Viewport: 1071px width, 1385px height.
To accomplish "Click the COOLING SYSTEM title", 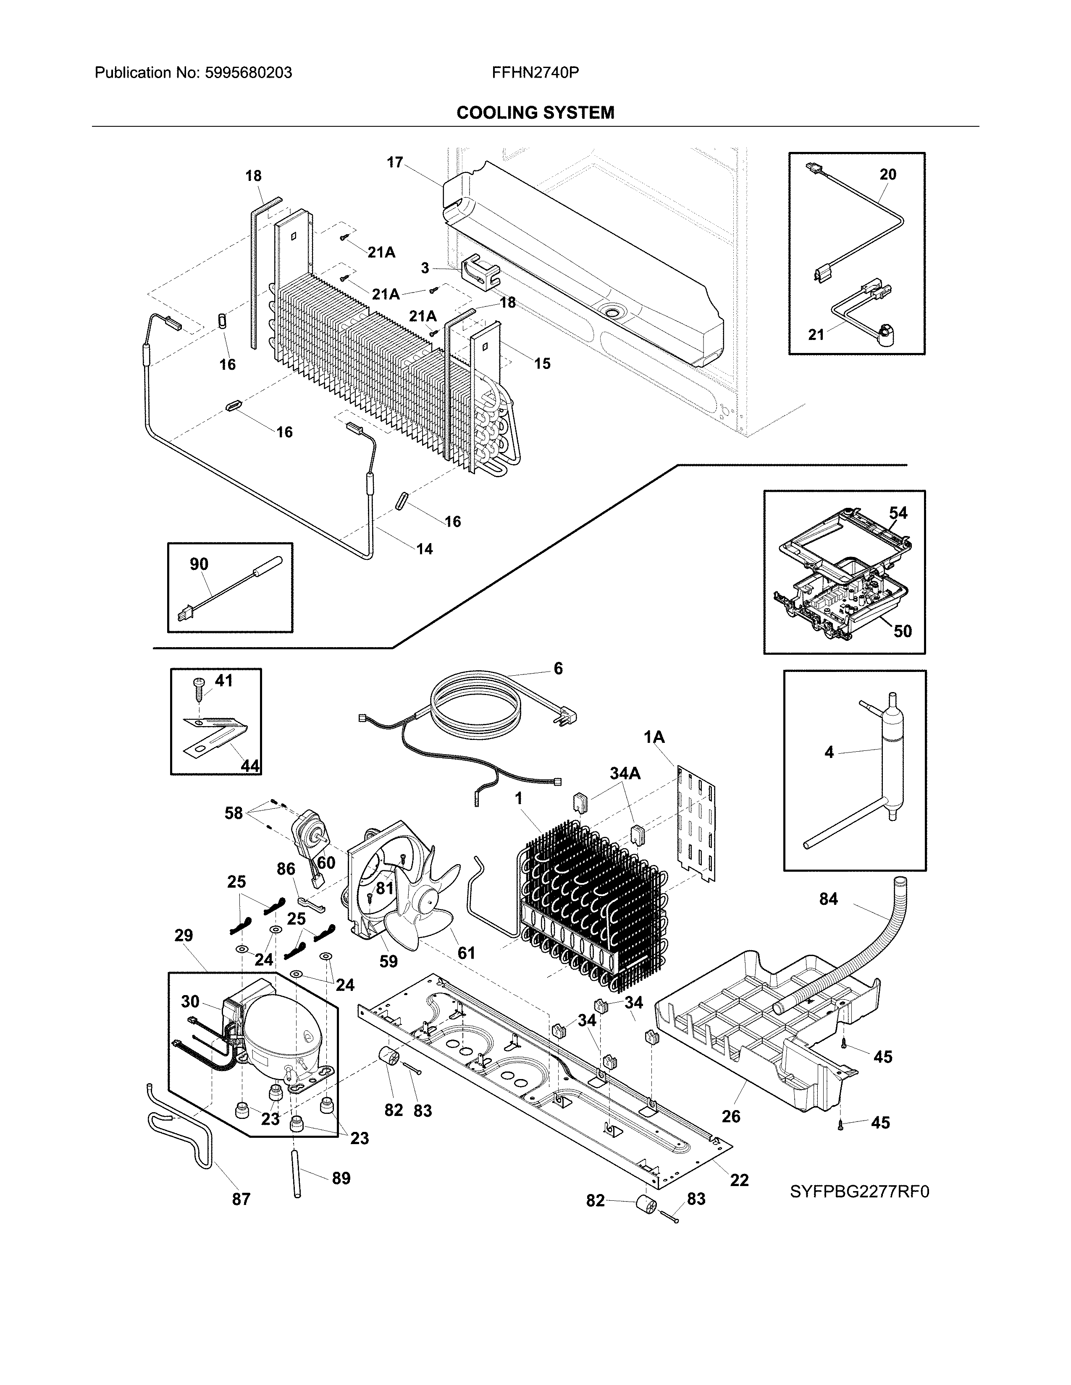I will [x=535, y=113].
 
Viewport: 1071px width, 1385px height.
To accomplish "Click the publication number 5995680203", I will [x=248, y=73].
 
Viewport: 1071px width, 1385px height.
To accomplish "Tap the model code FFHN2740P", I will [x=535, y=73].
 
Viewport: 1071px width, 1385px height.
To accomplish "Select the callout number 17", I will [x=395, y=162].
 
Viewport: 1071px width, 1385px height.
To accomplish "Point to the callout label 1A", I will [x=654, y=737].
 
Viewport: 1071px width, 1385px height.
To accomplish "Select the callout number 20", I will [x=887, y=175].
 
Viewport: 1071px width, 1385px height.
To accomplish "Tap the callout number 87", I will [x=241, y=1199].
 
